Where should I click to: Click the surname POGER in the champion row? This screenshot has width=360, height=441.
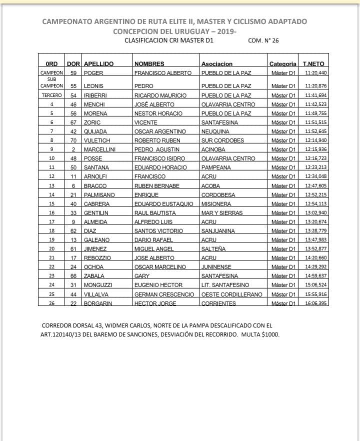pos(93,73)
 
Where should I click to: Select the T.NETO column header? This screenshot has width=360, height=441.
pos(313,64)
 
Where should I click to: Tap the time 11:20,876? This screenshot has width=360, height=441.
pos(315,86)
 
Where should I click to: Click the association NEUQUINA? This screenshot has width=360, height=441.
pos(215,131)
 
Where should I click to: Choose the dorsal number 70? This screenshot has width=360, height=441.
pos(73,140)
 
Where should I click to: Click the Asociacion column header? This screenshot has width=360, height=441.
pos(216,64)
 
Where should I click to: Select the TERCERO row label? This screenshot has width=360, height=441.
pos(51,95)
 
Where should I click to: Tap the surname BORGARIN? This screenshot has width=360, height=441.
pos(98,303)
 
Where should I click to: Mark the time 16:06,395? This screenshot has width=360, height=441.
pos(315,303)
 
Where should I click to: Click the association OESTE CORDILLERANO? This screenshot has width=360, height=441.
pos(231,294)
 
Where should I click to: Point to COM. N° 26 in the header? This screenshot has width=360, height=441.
pos(263,40)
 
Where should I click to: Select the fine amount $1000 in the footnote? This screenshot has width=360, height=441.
pos(269,334)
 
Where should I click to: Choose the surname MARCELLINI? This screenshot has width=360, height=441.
pos(100,149)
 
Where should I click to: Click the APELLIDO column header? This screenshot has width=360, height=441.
pos(98,64)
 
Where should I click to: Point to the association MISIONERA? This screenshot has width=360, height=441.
pos(216,204)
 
